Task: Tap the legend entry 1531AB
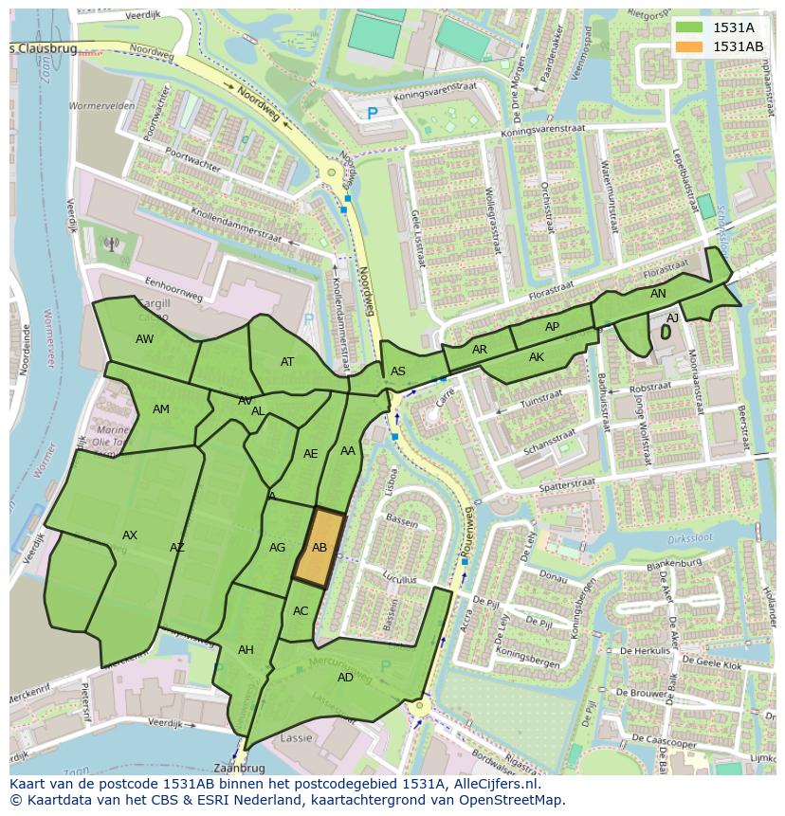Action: pos(738,46)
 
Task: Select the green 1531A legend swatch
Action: pos(690,27)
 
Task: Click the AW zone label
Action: pos(144,339)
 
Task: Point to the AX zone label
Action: pos(130,535)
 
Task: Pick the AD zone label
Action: pos(345,678)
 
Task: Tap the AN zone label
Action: pos(658,294)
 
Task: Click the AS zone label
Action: pos(398,372)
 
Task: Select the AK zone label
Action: pos(537,357)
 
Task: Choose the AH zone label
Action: pos(246,650)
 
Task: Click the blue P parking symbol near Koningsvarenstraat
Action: pos(373,114)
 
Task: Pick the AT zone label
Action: pos(287,362)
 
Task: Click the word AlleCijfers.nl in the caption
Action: pos(493,785)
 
